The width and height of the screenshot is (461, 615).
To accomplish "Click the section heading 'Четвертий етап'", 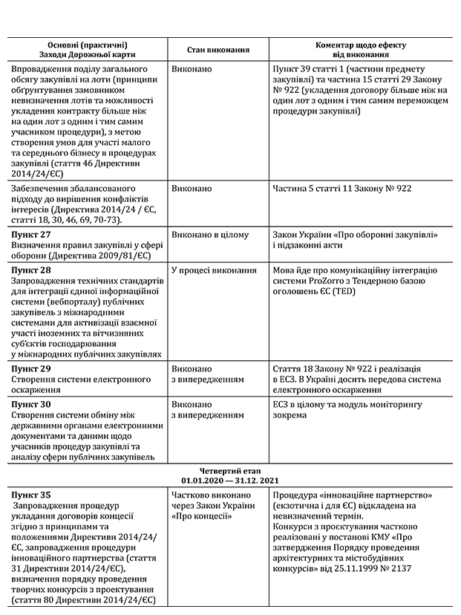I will pos(230,471).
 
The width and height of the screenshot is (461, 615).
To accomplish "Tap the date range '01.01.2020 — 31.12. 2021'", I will pos(230,480).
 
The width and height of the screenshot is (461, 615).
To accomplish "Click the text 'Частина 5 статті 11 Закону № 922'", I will pos(342,188).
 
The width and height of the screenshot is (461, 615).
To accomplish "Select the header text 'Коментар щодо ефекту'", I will pos(362,45).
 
